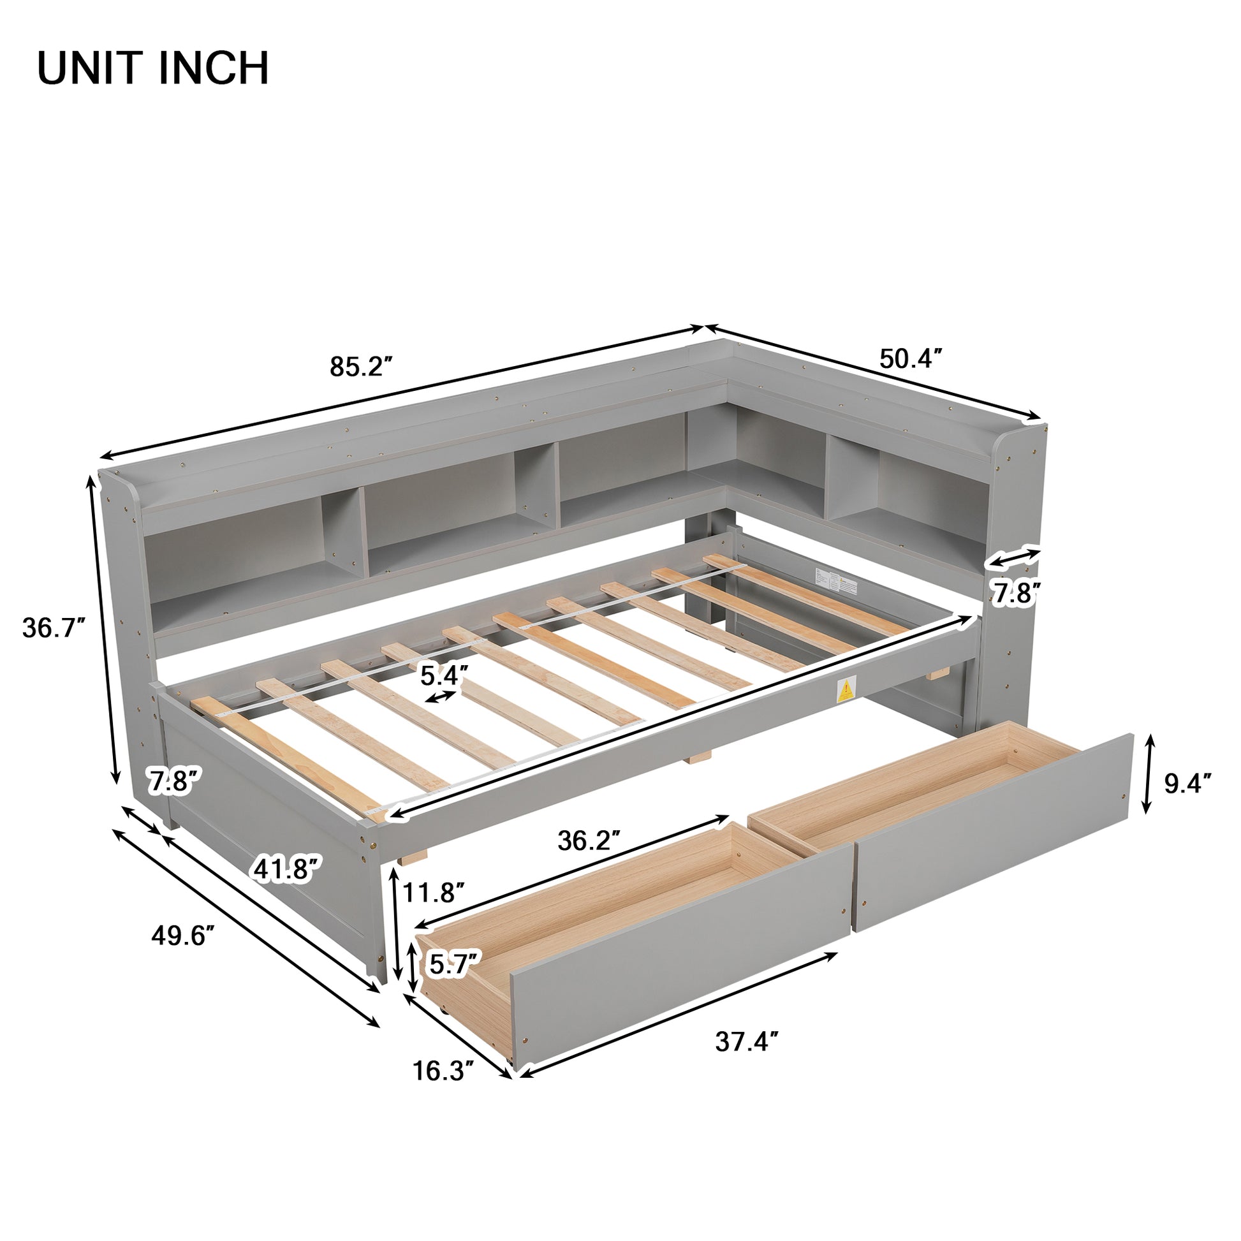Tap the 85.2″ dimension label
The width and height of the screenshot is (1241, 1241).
(x=360, y=367)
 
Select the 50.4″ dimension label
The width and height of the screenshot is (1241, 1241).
(x=910, y=359)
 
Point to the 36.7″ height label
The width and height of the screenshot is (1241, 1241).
(x=54, y=628)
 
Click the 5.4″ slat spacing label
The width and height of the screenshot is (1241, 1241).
(x=444, y=675)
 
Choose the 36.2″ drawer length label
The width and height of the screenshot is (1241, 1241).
(x=589, y=840)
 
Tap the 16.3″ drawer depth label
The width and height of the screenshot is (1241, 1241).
(x=443, y=1071)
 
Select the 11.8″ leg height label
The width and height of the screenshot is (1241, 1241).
(x=434, y=892)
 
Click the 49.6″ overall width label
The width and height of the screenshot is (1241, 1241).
(x=182, y=936)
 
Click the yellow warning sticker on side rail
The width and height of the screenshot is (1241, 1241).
(x=846, y=691)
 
